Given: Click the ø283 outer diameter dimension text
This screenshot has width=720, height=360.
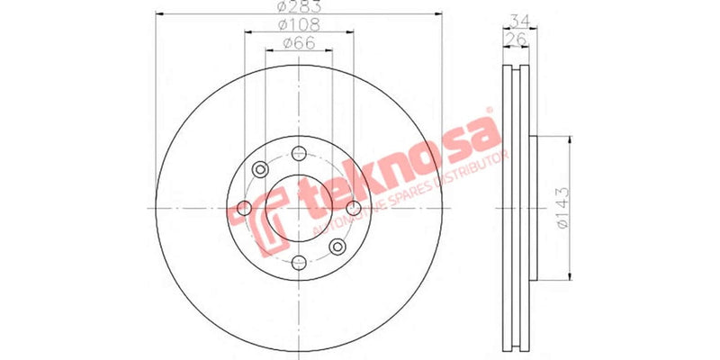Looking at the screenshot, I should pyautogui.click(x=299, y=8).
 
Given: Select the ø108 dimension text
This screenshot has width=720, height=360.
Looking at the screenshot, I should pyautogui.click(x=298, y=26).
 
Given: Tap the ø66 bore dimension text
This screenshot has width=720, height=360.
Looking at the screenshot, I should pyautogui.click(x=298, y=44).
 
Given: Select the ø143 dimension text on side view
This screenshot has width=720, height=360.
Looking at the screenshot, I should pyautogui.click(x=562, y=208).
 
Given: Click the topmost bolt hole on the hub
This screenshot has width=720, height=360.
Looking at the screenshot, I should pyautogui.click(x=299, y=152).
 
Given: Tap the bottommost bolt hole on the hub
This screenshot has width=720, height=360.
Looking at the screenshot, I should pyautogui.click(x=299, y=263).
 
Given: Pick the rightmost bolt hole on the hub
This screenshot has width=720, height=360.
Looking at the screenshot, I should pyautogui.click(x=354, y=208).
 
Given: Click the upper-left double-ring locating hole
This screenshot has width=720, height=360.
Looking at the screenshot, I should pyautogui.click(x=260, y=168).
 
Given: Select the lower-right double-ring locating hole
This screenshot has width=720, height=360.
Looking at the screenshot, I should pyautogui.click(x=337, y=247).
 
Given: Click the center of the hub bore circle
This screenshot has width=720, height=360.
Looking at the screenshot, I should pyautogui.click(x=299, y=208).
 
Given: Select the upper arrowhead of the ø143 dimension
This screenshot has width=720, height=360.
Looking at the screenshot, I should pyautogui.click(x=568, y=140).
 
